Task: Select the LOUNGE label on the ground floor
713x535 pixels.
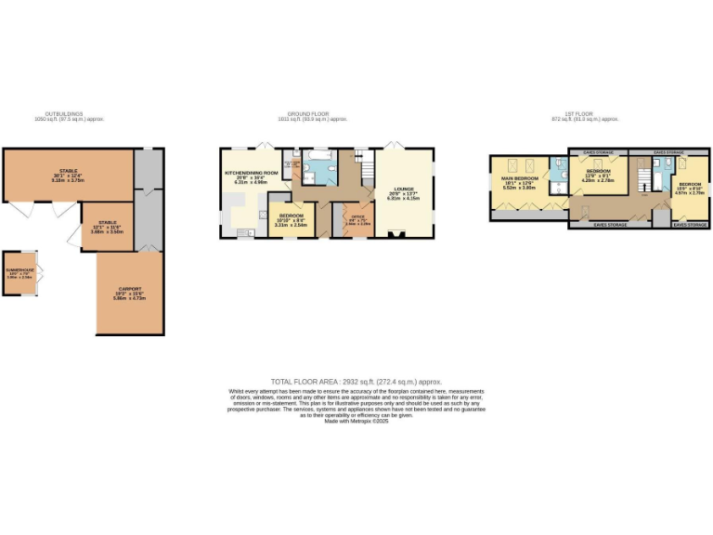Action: click(x=403, y=189)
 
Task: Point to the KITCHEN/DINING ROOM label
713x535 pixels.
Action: click(x=251, y=173)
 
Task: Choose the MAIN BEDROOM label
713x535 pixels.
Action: click(x=520, y=177)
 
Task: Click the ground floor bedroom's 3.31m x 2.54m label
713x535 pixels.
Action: click(x=291, y=225)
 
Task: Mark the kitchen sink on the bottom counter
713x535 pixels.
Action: click(x=244, y=233)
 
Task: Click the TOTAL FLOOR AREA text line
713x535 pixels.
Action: click(x=356, y=382)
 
